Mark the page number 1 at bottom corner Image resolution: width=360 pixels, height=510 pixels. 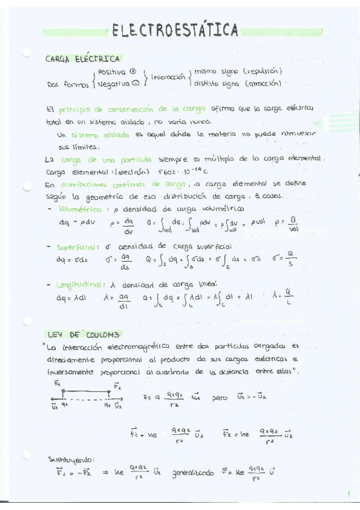coord(347,494)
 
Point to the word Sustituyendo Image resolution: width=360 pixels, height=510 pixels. coord(71,458)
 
